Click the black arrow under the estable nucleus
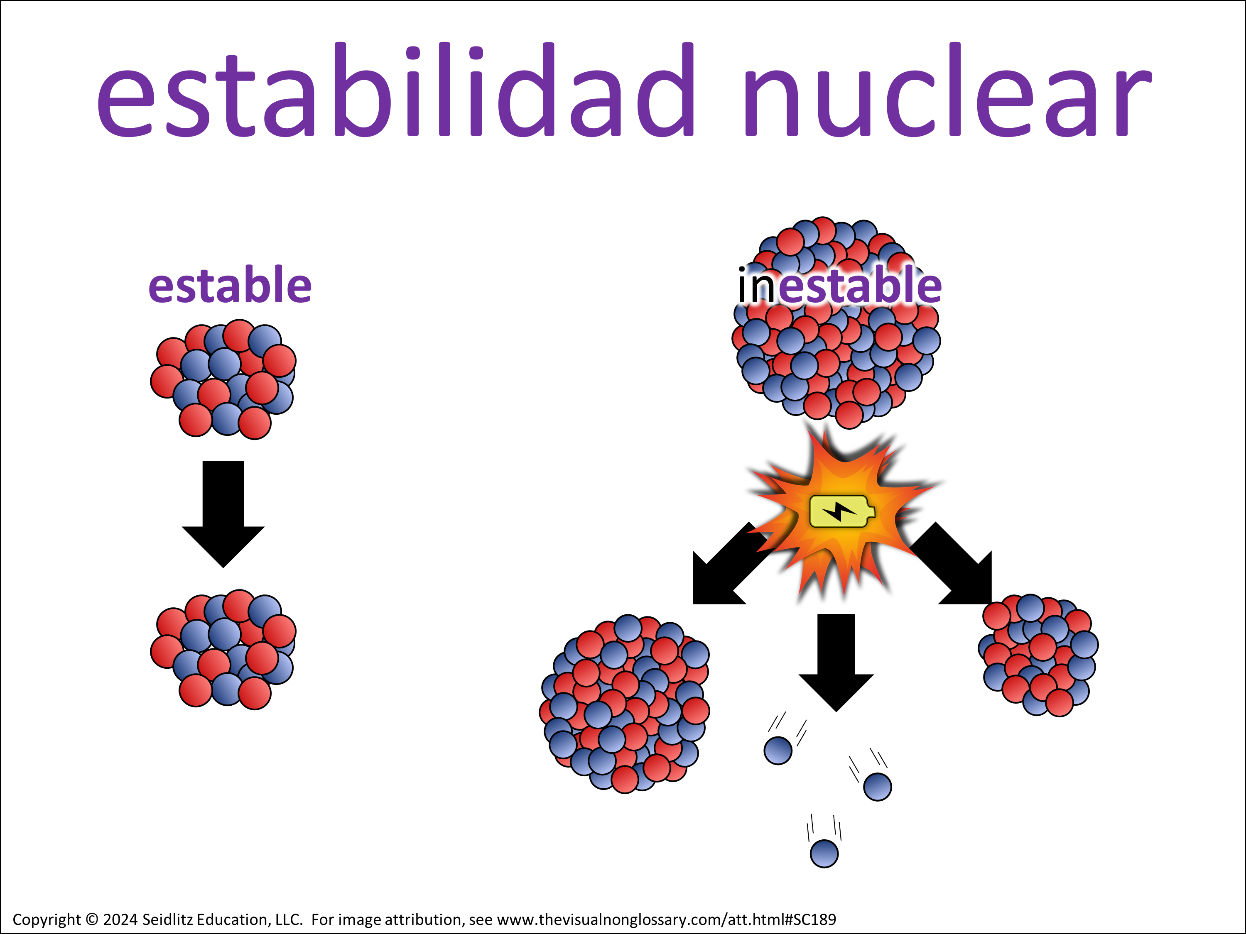coord(223,514)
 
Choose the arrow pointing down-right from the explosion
coord(952,565)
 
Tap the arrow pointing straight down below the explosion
coord(836,663)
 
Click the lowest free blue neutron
coord(824,853)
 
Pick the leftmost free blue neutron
coord(778,751)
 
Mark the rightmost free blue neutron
coord(878,787)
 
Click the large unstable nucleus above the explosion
coord(836,323)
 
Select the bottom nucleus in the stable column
coord(223,650)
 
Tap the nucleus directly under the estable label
coord(223,379)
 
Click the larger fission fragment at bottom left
coord(625,704)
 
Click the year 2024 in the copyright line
coord(120,919)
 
